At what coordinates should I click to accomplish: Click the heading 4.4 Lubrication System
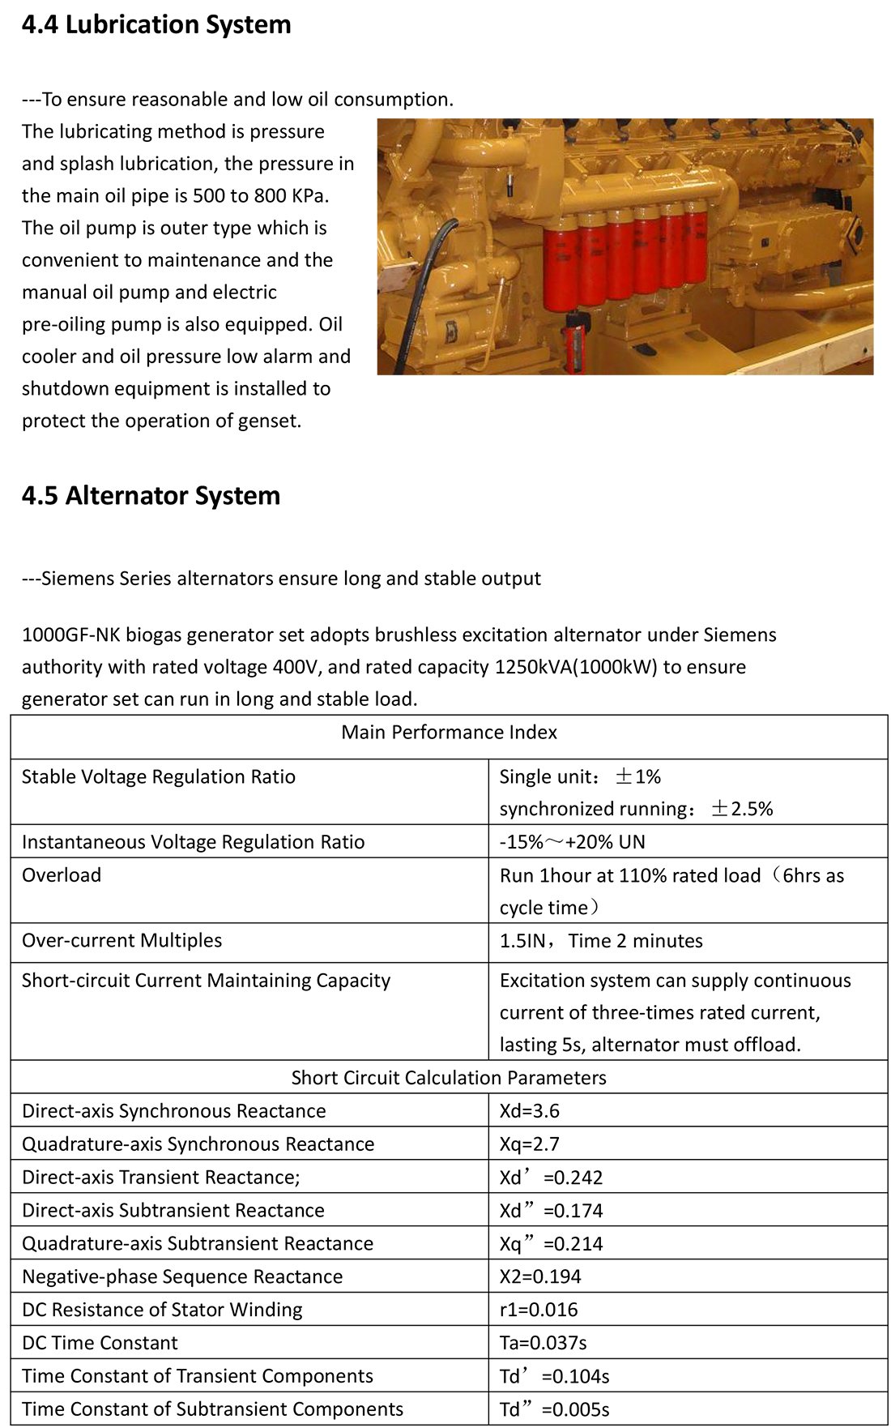pos(156,25)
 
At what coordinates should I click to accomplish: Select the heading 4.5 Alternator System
pos(151,496)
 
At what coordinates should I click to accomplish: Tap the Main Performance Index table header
pos(449,733)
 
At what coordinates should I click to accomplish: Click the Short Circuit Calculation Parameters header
pos(449,1078)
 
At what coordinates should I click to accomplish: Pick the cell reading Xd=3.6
pos(530,1111)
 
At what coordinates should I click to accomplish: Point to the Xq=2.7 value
pos(530,1144)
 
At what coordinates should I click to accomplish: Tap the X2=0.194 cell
pos(540,1277)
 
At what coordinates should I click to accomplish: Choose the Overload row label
pos(62,875)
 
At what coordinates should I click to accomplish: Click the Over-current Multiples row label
pos(122,941)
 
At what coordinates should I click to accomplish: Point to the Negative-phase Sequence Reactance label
pos(182,1277)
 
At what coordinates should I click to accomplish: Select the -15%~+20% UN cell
pos(572,842)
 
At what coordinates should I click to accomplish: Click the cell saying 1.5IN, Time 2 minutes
pos(601,941)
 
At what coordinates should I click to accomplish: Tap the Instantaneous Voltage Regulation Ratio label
pos(193,842)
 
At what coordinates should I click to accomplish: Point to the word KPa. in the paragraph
pos(310,196)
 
